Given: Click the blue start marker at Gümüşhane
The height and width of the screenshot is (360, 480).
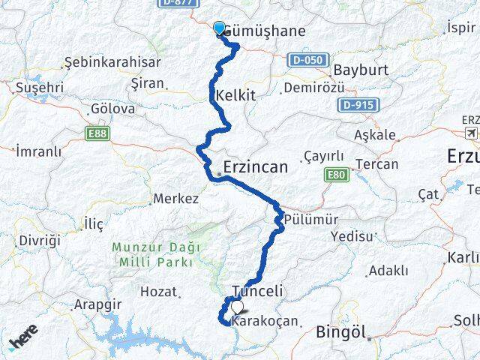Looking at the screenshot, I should coord(219,28).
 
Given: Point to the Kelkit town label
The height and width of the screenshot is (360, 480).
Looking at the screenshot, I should coord(235,96).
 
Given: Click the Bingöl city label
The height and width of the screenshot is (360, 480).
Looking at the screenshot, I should coord(340,331).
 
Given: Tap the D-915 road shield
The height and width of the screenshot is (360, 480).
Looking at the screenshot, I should coord(357,105).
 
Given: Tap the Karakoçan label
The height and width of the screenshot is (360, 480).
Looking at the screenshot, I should coord(265,322).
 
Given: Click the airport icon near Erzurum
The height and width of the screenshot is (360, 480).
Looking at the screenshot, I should coord(471,133).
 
